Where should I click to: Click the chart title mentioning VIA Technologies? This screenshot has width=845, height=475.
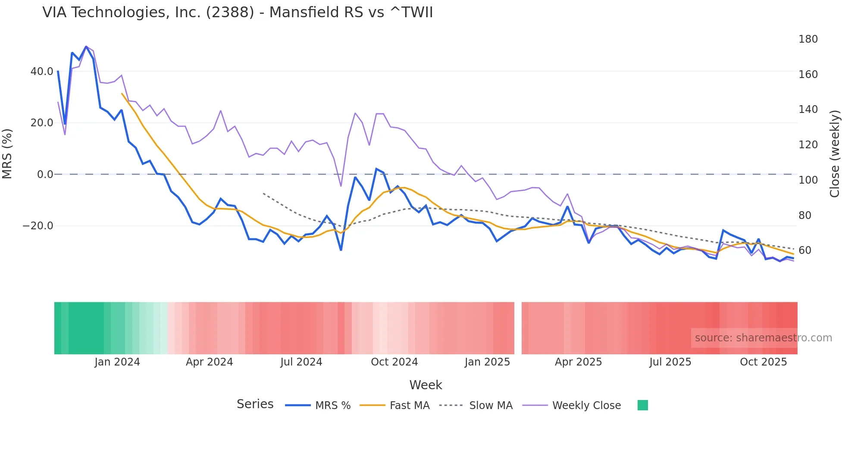238,12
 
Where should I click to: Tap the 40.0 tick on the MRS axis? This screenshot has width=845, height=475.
42,72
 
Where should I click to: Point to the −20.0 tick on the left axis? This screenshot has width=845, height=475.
38,226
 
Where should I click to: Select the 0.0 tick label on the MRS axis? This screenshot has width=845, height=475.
45,175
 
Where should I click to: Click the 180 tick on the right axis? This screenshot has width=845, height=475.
808,39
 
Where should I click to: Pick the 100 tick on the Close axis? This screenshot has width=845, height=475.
808,180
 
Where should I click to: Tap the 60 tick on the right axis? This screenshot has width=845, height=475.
804,250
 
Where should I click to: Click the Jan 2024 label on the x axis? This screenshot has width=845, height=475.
117,362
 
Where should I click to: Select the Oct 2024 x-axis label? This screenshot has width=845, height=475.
394,362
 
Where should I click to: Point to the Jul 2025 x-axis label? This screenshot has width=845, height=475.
670,362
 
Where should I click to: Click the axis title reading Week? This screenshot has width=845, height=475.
426,385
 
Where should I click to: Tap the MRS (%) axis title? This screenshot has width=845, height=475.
7,153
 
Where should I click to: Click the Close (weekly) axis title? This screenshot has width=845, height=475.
835,153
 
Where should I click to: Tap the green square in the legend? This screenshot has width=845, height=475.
642,405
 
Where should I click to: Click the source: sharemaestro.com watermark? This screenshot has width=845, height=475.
763,338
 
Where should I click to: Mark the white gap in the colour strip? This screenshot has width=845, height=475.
518,328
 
